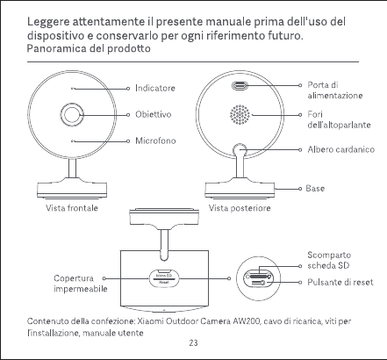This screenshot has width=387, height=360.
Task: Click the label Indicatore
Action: (x=155, y=88)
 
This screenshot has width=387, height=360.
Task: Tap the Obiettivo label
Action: (x=153, y=114)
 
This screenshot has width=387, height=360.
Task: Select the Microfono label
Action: (x=155, y=140)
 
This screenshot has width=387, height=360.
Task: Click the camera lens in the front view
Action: (x=71, y=114)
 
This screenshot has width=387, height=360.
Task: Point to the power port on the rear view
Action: (x=240, y=86)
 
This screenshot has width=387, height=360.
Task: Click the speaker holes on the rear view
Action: (x=240, y=114)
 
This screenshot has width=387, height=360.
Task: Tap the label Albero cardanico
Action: (x=340, y=149)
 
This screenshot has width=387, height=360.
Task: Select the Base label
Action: (x=315, y=188)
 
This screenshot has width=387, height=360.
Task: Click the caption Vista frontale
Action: (x=72, y=208)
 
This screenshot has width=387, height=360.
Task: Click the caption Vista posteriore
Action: (x=240, y=208)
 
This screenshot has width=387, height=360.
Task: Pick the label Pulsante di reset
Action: (x=340, y=282)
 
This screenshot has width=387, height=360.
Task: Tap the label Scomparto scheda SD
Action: (x=329, y=260)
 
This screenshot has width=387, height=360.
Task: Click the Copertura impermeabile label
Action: (x=81, y=284)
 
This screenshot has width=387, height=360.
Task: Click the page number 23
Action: (x=193, y=342)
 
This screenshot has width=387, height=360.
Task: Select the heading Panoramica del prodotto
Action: (x=89, y=48)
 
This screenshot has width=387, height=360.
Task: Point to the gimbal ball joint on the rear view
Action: (x=240, y=150)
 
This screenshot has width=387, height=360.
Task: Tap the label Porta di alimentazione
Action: (x=335, y=90)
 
